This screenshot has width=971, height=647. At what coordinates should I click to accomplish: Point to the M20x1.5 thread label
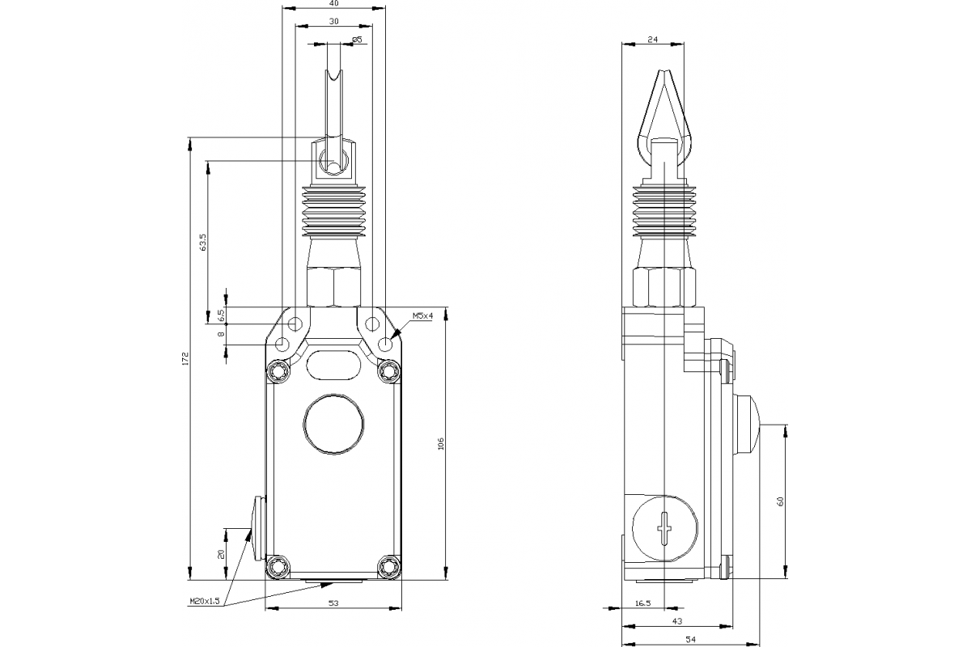[x=205, y=601]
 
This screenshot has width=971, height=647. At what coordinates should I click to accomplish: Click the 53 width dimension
[x=333, y=602]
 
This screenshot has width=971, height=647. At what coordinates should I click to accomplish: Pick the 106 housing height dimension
[x=441, y=444]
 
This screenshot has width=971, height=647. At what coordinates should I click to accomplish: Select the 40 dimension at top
[x=333, y=4]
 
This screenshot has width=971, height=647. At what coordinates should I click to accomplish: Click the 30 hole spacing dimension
[x=333, y=22]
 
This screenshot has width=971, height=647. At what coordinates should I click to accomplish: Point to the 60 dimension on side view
[x=780, y=501]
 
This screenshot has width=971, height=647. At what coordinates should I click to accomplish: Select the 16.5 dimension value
[x=642, y=603]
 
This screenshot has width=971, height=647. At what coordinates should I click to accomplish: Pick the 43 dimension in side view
[x=676, y=621]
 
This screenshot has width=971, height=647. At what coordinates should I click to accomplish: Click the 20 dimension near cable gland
[x=221, y=554]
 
